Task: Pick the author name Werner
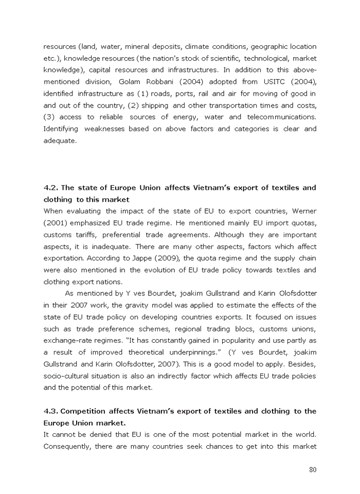[x=304, y=211]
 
